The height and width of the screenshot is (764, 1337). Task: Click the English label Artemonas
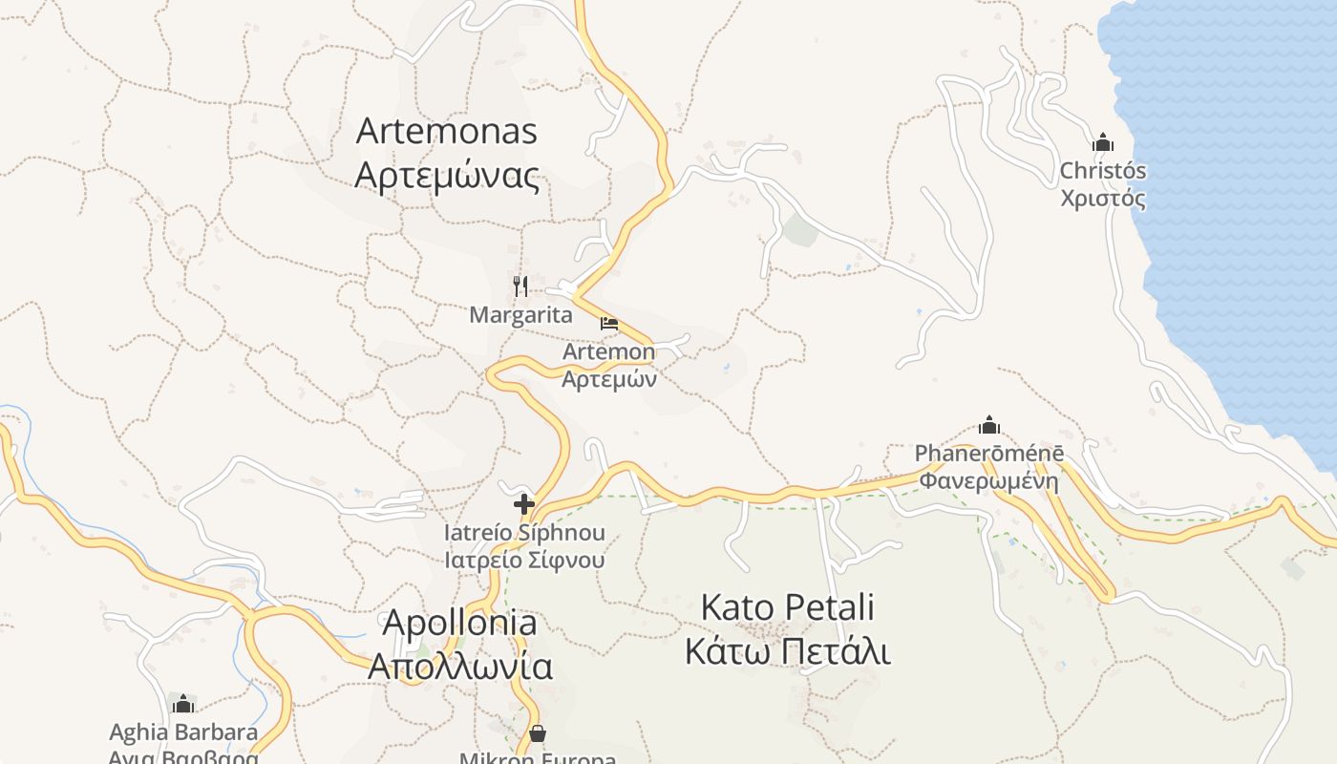point(447,131)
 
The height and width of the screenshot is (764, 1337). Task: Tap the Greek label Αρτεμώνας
point(447,176)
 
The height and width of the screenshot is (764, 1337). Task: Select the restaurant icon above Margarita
point(520,286)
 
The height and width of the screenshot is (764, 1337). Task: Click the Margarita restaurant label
point(520,314)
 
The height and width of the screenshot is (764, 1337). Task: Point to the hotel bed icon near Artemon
point(609,324)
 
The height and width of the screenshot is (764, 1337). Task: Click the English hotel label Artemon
point(609,351)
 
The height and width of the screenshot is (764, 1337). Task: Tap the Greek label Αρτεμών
point(609,379)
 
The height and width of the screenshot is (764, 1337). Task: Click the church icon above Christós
point(1103,142)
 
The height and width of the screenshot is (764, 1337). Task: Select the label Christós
point(1103,171)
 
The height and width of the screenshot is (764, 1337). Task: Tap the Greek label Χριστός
point(1103,199)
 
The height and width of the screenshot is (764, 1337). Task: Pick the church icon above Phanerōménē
point(989,424)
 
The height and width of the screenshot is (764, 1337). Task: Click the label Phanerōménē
point(989,453)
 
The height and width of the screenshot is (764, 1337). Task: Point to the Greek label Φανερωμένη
point(989,479)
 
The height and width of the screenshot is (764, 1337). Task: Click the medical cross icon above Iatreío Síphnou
point(524,503)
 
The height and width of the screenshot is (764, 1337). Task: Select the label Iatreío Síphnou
point(524,532)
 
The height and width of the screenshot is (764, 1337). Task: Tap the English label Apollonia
point(459,623)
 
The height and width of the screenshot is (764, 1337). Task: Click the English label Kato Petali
point(788,607)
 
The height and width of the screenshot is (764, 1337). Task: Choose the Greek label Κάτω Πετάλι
point(788,652)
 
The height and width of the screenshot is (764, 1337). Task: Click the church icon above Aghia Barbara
point(183,705)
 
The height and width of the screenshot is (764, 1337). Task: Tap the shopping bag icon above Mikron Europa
point(538,733)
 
